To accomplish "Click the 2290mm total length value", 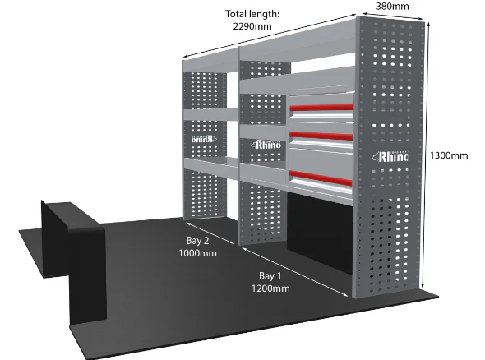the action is pos(252,26).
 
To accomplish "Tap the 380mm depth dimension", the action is pos(392,7).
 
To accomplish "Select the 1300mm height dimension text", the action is pos(449,155).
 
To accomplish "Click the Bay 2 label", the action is pos(197,240).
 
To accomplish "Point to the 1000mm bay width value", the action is pos(197,253).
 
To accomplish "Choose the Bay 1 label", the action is pos(270,275).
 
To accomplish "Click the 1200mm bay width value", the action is pos(270,288).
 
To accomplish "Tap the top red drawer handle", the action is pos(321,108).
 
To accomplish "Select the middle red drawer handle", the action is pos(321,136).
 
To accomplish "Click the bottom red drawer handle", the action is pos(321,178).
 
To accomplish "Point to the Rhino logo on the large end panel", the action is pos(390,156).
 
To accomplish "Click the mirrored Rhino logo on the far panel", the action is pos(203,139).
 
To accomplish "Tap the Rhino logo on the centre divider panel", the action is pos(266,145).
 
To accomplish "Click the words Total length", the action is pos(252,14).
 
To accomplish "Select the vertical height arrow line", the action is pos(428,155).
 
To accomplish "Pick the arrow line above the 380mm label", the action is pos(392,16).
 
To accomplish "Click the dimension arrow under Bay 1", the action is pos(295,271).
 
